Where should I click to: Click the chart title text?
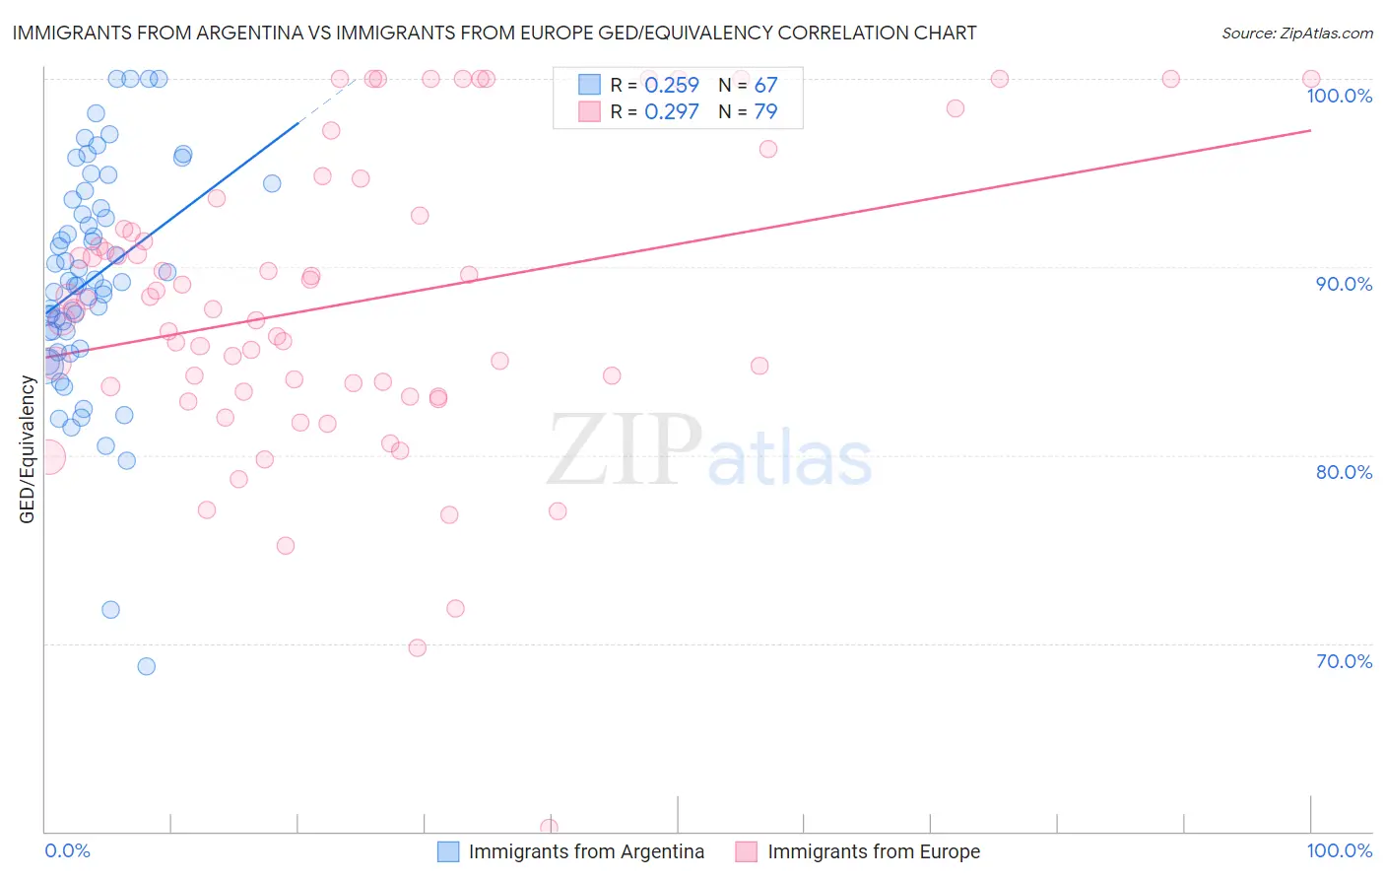click(494, 33)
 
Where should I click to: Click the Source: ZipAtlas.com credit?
click(1296, 33)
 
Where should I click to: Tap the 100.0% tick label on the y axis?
click(1339, 96)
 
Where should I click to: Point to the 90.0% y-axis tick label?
click(1344, 284)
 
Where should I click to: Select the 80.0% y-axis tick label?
click(1344, 472)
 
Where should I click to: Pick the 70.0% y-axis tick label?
click(1344, 661)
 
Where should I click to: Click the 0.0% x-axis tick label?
click(67, 850)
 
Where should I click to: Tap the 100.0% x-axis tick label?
click(1339, 850)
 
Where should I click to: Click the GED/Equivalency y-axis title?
click(28, 449)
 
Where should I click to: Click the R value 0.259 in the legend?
click(671, 86)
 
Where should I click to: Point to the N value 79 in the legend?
click(765, 111)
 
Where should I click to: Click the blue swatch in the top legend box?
click(589, 86)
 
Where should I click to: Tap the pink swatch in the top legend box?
click(589, 111)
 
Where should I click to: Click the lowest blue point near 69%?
click(146, 666)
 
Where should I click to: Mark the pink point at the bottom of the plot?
click(549, 827)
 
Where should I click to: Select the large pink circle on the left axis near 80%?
click(46, 457)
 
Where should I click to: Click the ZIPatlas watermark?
click(709, 450)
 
